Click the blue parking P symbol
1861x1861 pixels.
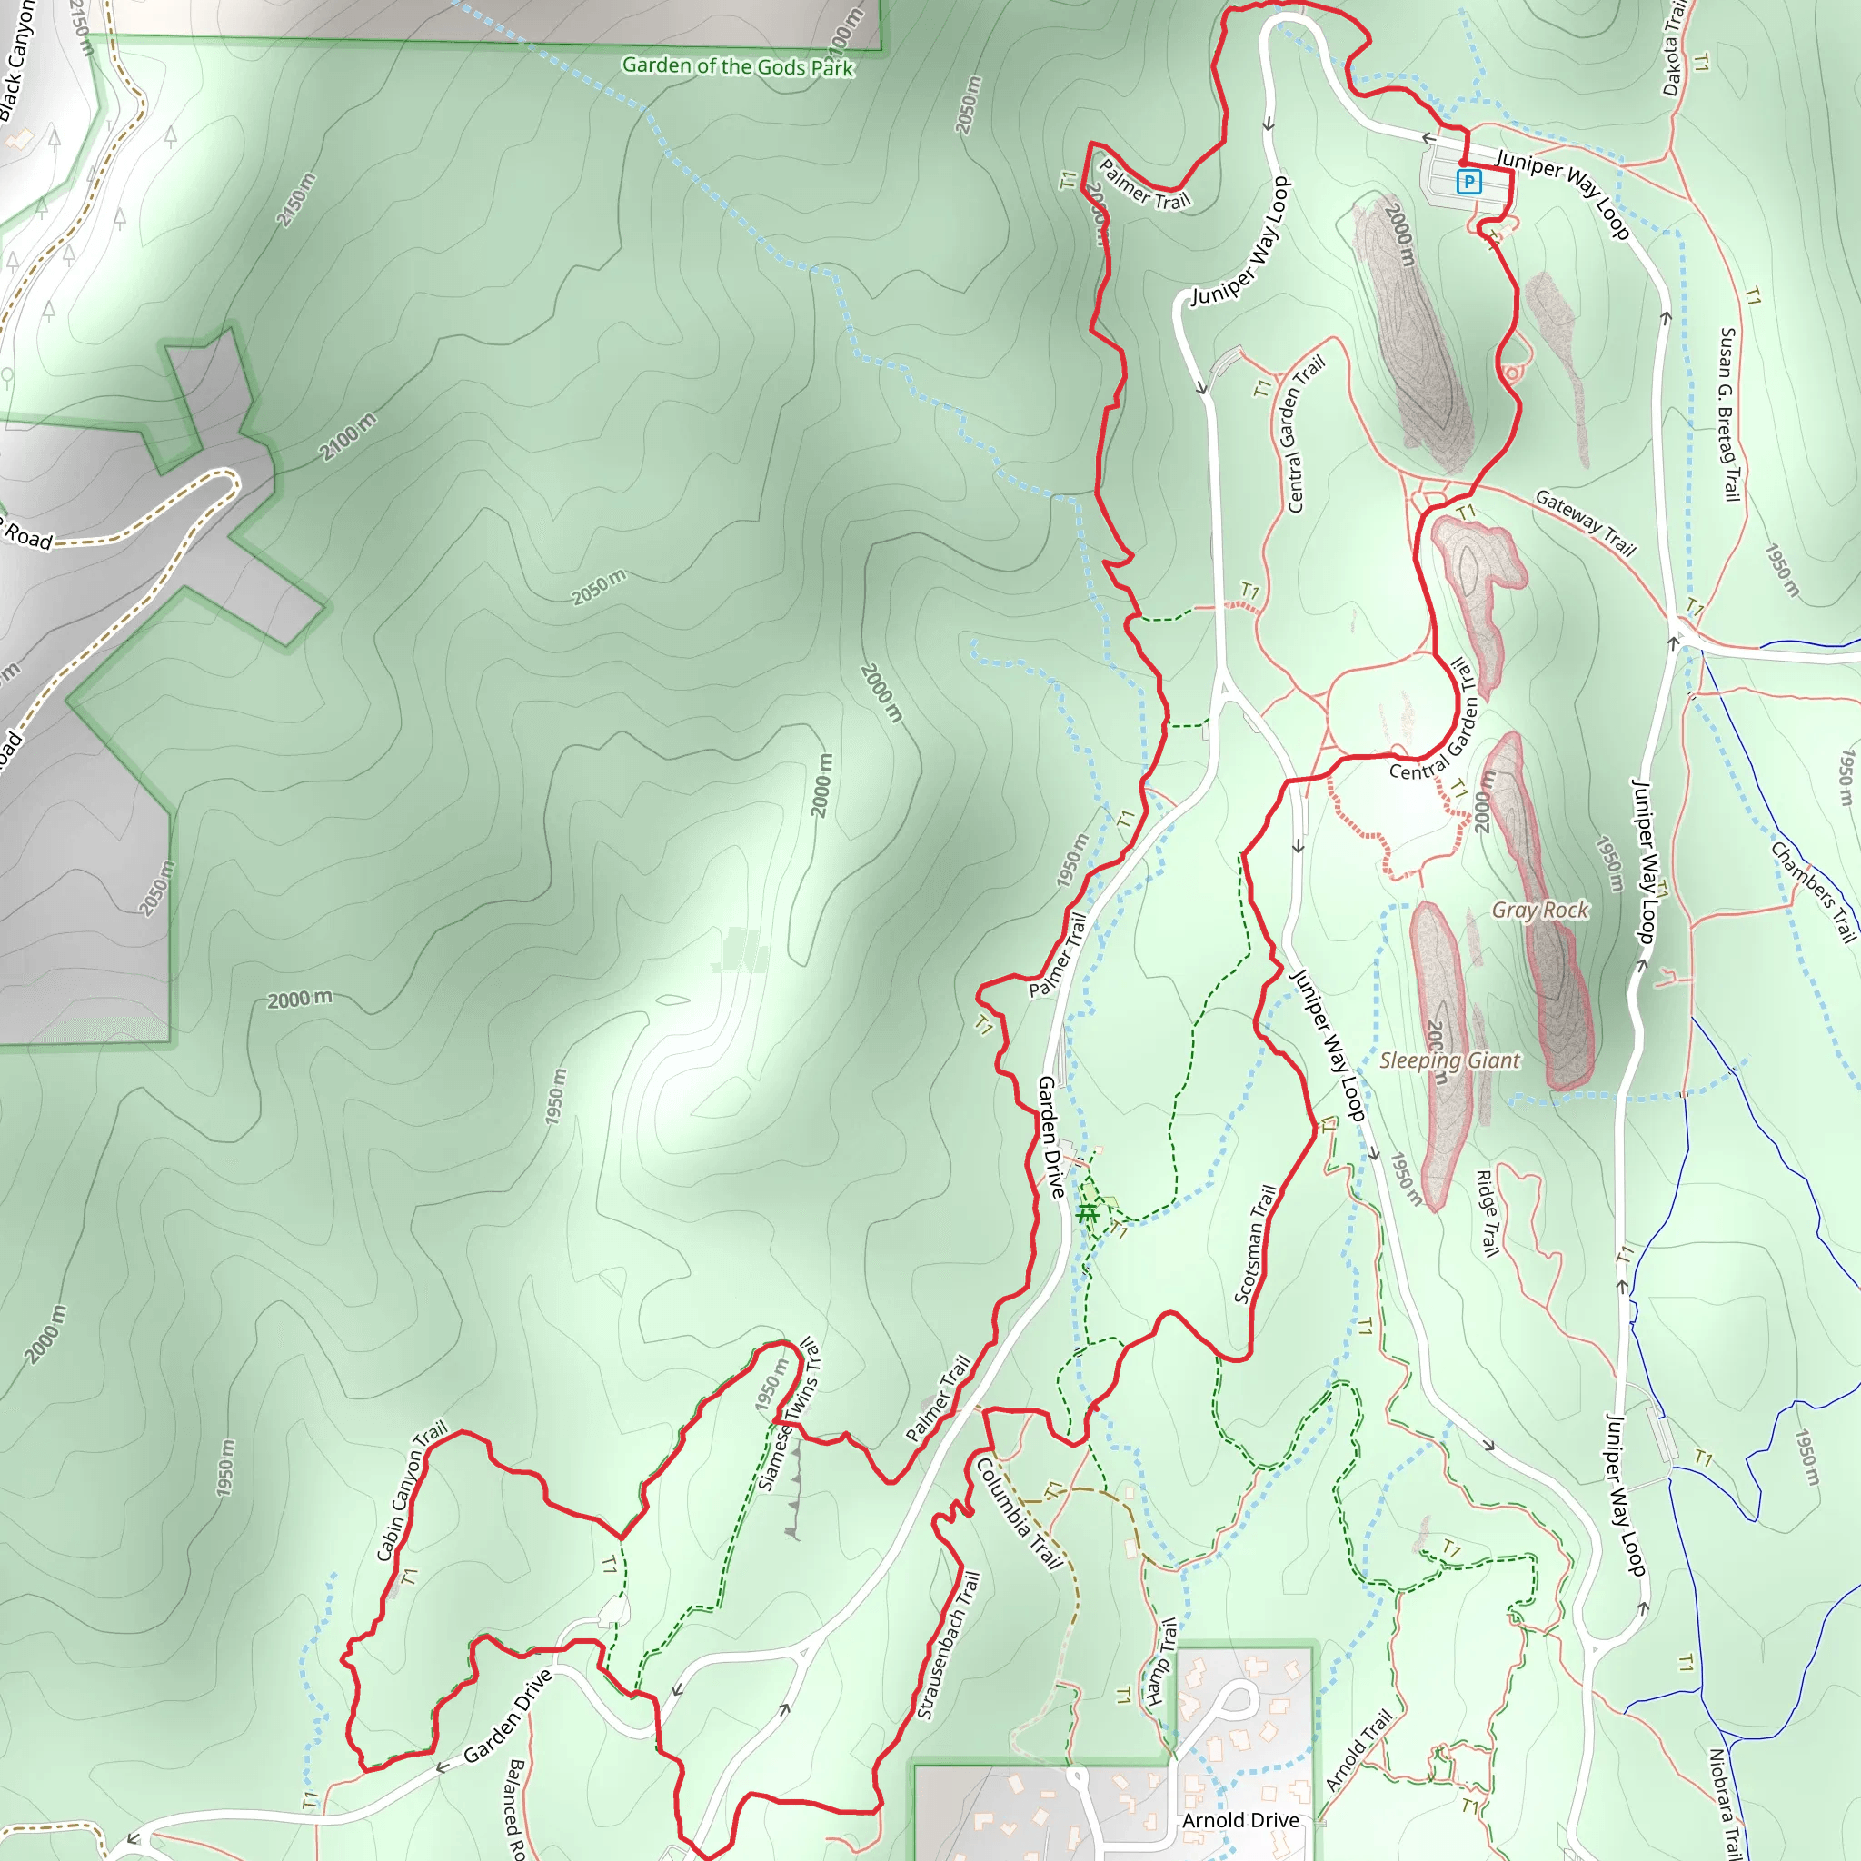tap(1468, 181)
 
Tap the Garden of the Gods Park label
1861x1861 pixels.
tap(738, 65)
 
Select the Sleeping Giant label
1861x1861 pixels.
tap(1449, 1060)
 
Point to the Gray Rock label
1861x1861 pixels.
tap(1539, 911)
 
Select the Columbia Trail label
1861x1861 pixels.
tap(1020, 1513)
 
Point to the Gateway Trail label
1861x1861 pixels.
tap(1585, 523)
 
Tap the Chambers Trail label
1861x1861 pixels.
tap(1813, 891)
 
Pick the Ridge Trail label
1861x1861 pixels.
tap(1488, 1213)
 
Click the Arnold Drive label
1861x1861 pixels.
tap(1239, 1819)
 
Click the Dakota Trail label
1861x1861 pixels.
tap(1675, 48)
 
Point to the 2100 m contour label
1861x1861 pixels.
tap(348, 436)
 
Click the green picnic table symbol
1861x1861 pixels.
tap(1088, 1214)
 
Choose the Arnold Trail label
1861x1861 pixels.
tap(1358, 1750)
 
